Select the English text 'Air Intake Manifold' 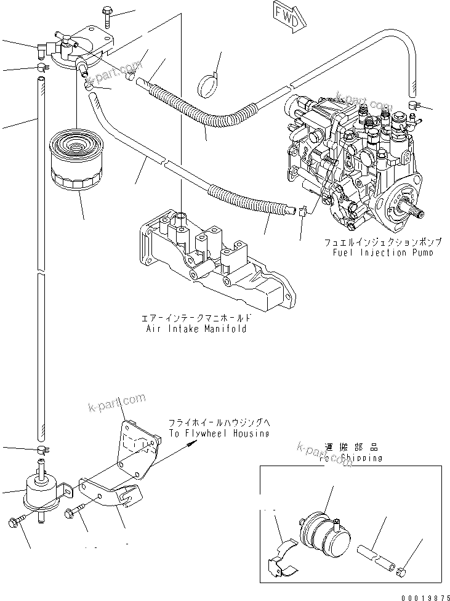pos(197,329)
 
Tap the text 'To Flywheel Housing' pos(219,434)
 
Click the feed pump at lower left pos(44,487)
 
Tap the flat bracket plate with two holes pos(134,443)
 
